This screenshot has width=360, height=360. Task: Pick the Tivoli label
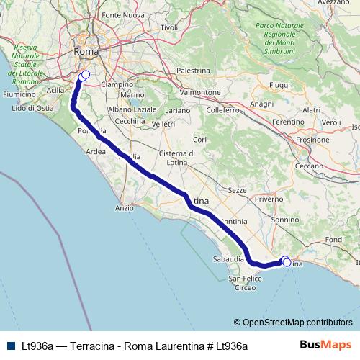coord(169,27)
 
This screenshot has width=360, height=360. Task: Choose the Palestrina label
coord(192,71)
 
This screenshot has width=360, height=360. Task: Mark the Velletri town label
coord(163,124)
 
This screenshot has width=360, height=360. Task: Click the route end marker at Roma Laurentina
coord(85,74)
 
